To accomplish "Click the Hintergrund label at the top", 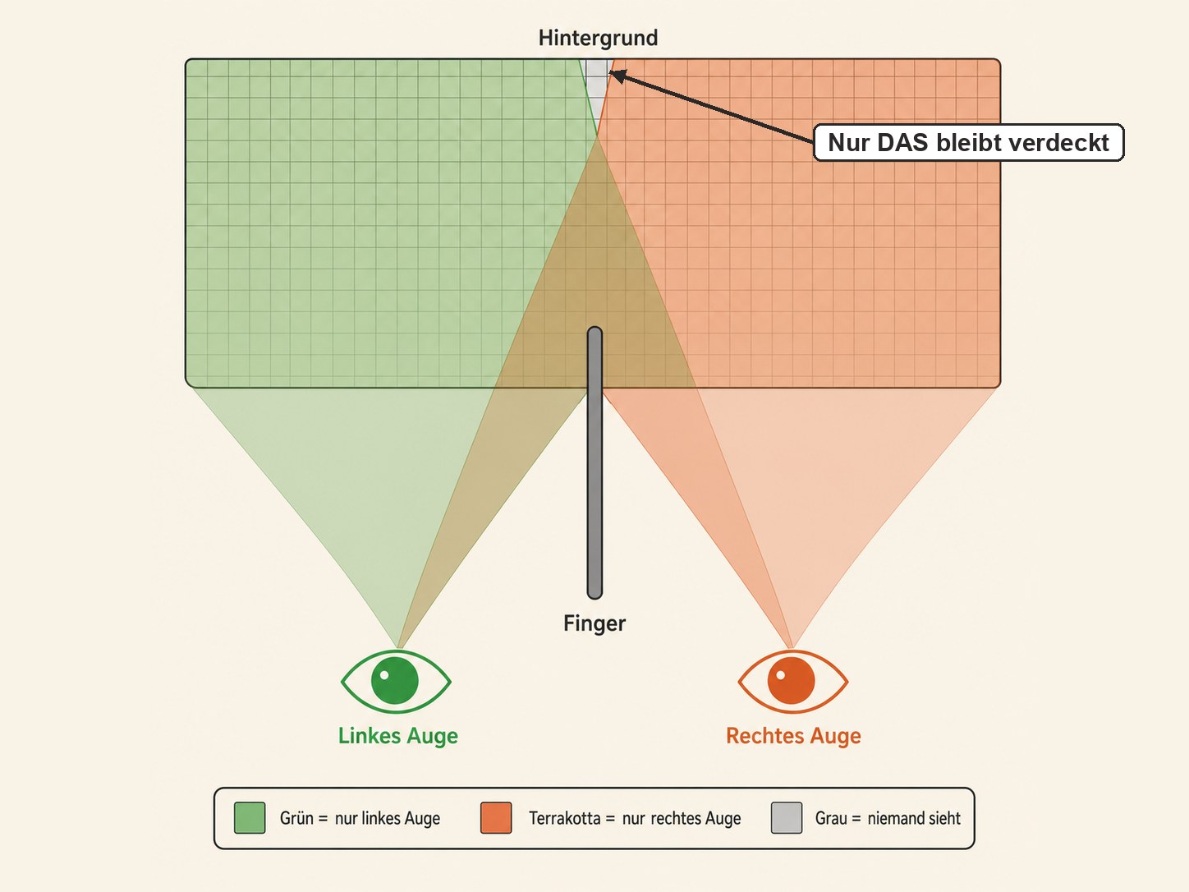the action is point(598,38).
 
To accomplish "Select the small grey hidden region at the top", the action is point(597,87).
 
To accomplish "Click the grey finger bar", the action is point(594,462).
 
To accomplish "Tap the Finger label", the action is point(594,623).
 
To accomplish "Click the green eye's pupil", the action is point(395,681).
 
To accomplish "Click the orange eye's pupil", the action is point(792,681).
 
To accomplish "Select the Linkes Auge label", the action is point(398,736).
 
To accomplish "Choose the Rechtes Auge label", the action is point(793,736).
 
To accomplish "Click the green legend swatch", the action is point(250,818).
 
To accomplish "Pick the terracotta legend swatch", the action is point(496,818).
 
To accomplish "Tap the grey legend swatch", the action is point(787,818).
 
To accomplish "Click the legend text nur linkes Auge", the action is point(388,818).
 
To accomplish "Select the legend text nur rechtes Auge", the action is point(682,818).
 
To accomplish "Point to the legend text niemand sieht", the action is point(914,818).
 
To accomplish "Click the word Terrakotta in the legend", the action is point(564,818).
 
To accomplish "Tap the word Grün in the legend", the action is point(296,818).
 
